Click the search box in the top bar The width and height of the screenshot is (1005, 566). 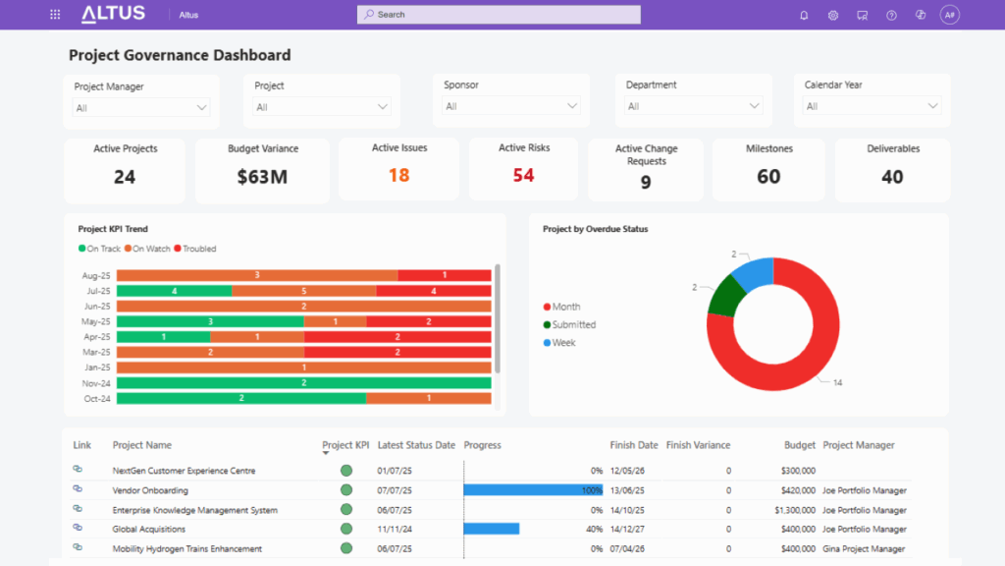coord(499,15)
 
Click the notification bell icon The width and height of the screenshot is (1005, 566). coord(804,15)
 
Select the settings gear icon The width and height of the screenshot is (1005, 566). coord(832,15)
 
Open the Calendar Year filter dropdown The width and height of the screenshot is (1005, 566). coord(872,106)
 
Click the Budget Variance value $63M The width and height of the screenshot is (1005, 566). coord(262,177)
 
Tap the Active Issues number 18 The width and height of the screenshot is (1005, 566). coord(398,175)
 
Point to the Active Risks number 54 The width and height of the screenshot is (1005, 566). coord(523,175)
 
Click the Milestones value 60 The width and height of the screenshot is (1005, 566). coord(768,177)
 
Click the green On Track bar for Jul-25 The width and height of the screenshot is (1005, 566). coord(174,291)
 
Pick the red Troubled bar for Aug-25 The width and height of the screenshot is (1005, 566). coord(445,275)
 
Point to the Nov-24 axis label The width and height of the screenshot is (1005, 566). coord(96,383)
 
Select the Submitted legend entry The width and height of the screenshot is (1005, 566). coord(573,324)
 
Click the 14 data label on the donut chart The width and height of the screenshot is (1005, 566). coord(837,382)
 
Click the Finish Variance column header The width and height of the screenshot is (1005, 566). coord(698,445)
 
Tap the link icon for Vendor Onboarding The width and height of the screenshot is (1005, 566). coord(78,489)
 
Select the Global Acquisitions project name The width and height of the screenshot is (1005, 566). coord(149,530)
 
